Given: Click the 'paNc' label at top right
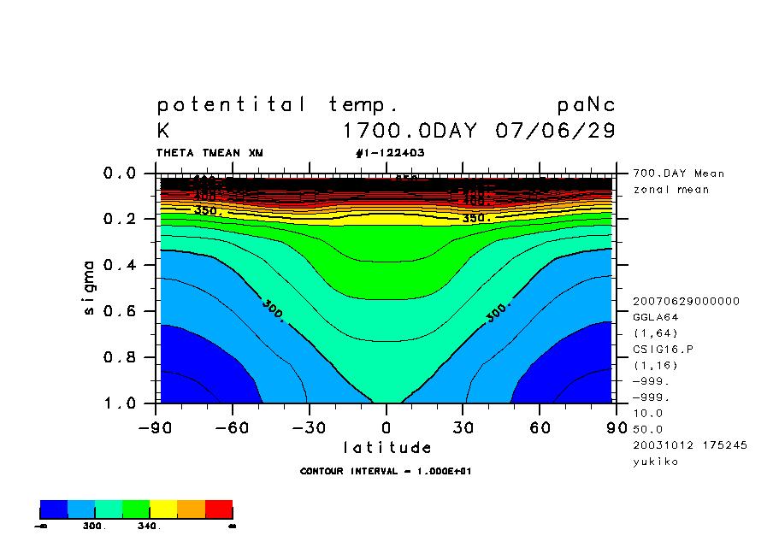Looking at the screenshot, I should point(586,105).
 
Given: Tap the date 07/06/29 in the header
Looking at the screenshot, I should point(555,132).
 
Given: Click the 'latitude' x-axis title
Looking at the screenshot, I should point(386,447).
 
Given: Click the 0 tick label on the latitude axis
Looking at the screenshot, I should point(386,427).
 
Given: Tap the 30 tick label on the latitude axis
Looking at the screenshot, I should point(463,427).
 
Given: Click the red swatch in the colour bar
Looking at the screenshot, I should point(219,510).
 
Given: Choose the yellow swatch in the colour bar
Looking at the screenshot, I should point(163,510).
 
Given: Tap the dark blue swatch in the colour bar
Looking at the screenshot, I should point(54,510).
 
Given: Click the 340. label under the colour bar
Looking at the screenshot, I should point(149,527).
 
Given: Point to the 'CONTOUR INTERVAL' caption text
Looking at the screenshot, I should point(350,471).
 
